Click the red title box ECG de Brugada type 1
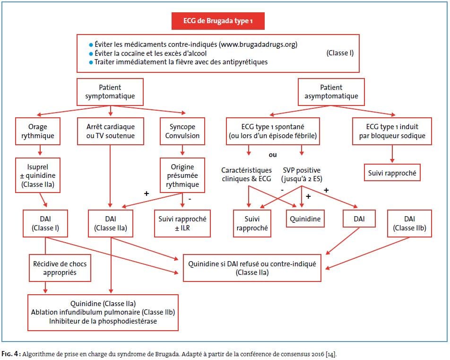pos(218,21)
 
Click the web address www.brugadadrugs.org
pos(258,44)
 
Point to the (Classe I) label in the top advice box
pos(340,53)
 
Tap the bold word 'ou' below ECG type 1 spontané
pos(273,155)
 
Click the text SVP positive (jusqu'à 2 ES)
pos(302,175)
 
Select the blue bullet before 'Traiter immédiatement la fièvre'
pos(91,62)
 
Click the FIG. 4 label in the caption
pos(10,354)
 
